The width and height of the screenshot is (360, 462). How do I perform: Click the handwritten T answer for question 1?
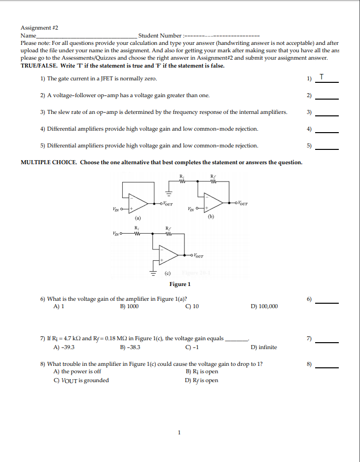click(x=322, y=76)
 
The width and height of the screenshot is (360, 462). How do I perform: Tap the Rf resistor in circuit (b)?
click(x=213, y=179)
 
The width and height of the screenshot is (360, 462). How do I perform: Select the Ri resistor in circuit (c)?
click(x=137, y=233)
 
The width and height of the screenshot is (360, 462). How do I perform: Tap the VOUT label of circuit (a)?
click(x=168, y=203)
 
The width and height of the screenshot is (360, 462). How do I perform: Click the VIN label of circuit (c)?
click(x=117, y=233)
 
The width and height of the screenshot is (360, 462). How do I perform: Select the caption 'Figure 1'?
click(x=180, y=284)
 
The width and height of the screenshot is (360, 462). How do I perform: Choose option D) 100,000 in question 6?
click(x=264, y=306)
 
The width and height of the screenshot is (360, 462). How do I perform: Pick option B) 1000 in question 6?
click(x=129, y=306)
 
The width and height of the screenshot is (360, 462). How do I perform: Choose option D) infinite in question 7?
click(x=264, y=347)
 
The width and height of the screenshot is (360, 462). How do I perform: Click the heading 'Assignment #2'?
click(x=39, y=28)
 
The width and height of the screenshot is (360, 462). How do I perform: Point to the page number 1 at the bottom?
click(x=180, y=433)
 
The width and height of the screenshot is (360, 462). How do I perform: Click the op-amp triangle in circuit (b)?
click(x=214, y=202)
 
